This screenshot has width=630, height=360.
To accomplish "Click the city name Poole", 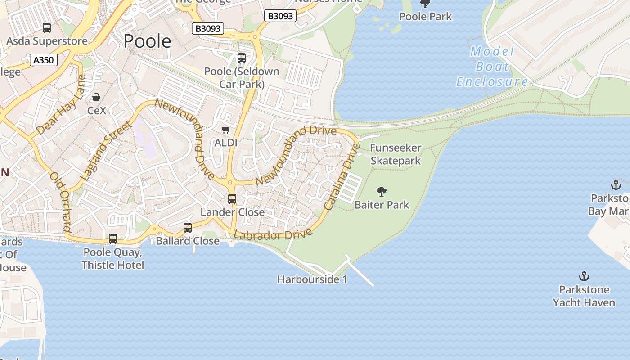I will [147, 41].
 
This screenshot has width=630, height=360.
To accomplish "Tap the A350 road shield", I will [44, 60].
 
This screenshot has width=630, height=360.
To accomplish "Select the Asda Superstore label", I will [47, 41].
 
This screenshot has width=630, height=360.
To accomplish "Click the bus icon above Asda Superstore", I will [47, 28].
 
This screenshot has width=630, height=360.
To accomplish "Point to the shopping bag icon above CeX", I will [96, 97].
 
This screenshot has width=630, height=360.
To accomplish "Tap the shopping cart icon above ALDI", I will [226, 130].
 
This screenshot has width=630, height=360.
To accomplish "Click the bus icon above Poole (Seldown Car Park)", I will [242, 58].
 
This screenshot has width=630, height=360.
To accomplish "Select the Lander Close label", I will [232, 212].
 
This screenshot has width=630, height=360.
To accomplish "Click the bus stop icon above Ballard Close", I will [188, 228].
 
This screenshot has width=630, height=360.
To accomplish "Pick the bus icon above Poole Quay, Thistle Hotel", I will [113, 239].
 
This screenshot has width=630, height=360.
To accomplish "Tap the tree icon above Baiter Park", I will [382, 192].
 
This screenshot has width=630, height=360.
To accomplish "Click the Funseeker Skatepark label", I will [396, 154].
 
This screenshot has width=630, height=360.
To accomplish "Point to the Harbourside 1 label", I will [312, 279].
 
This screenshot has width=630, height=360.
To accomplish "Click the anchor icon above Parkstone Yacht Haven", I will [584, 276].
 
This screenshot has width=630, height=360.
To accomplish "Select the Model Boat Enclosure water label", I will [492, 67].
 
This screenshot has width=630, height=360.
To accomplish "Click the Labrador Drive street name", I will [273, 235].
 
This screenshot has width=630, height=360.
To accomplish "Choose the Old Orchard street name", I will [61, 202].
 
